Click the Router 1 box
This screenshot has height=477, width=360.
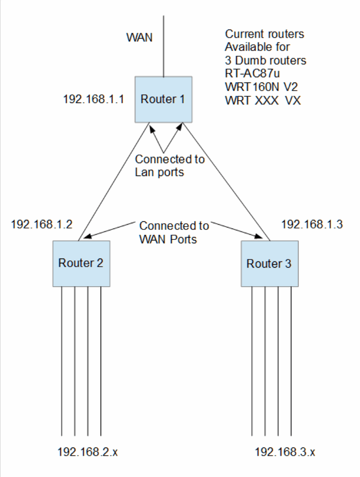pos(164,100)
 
